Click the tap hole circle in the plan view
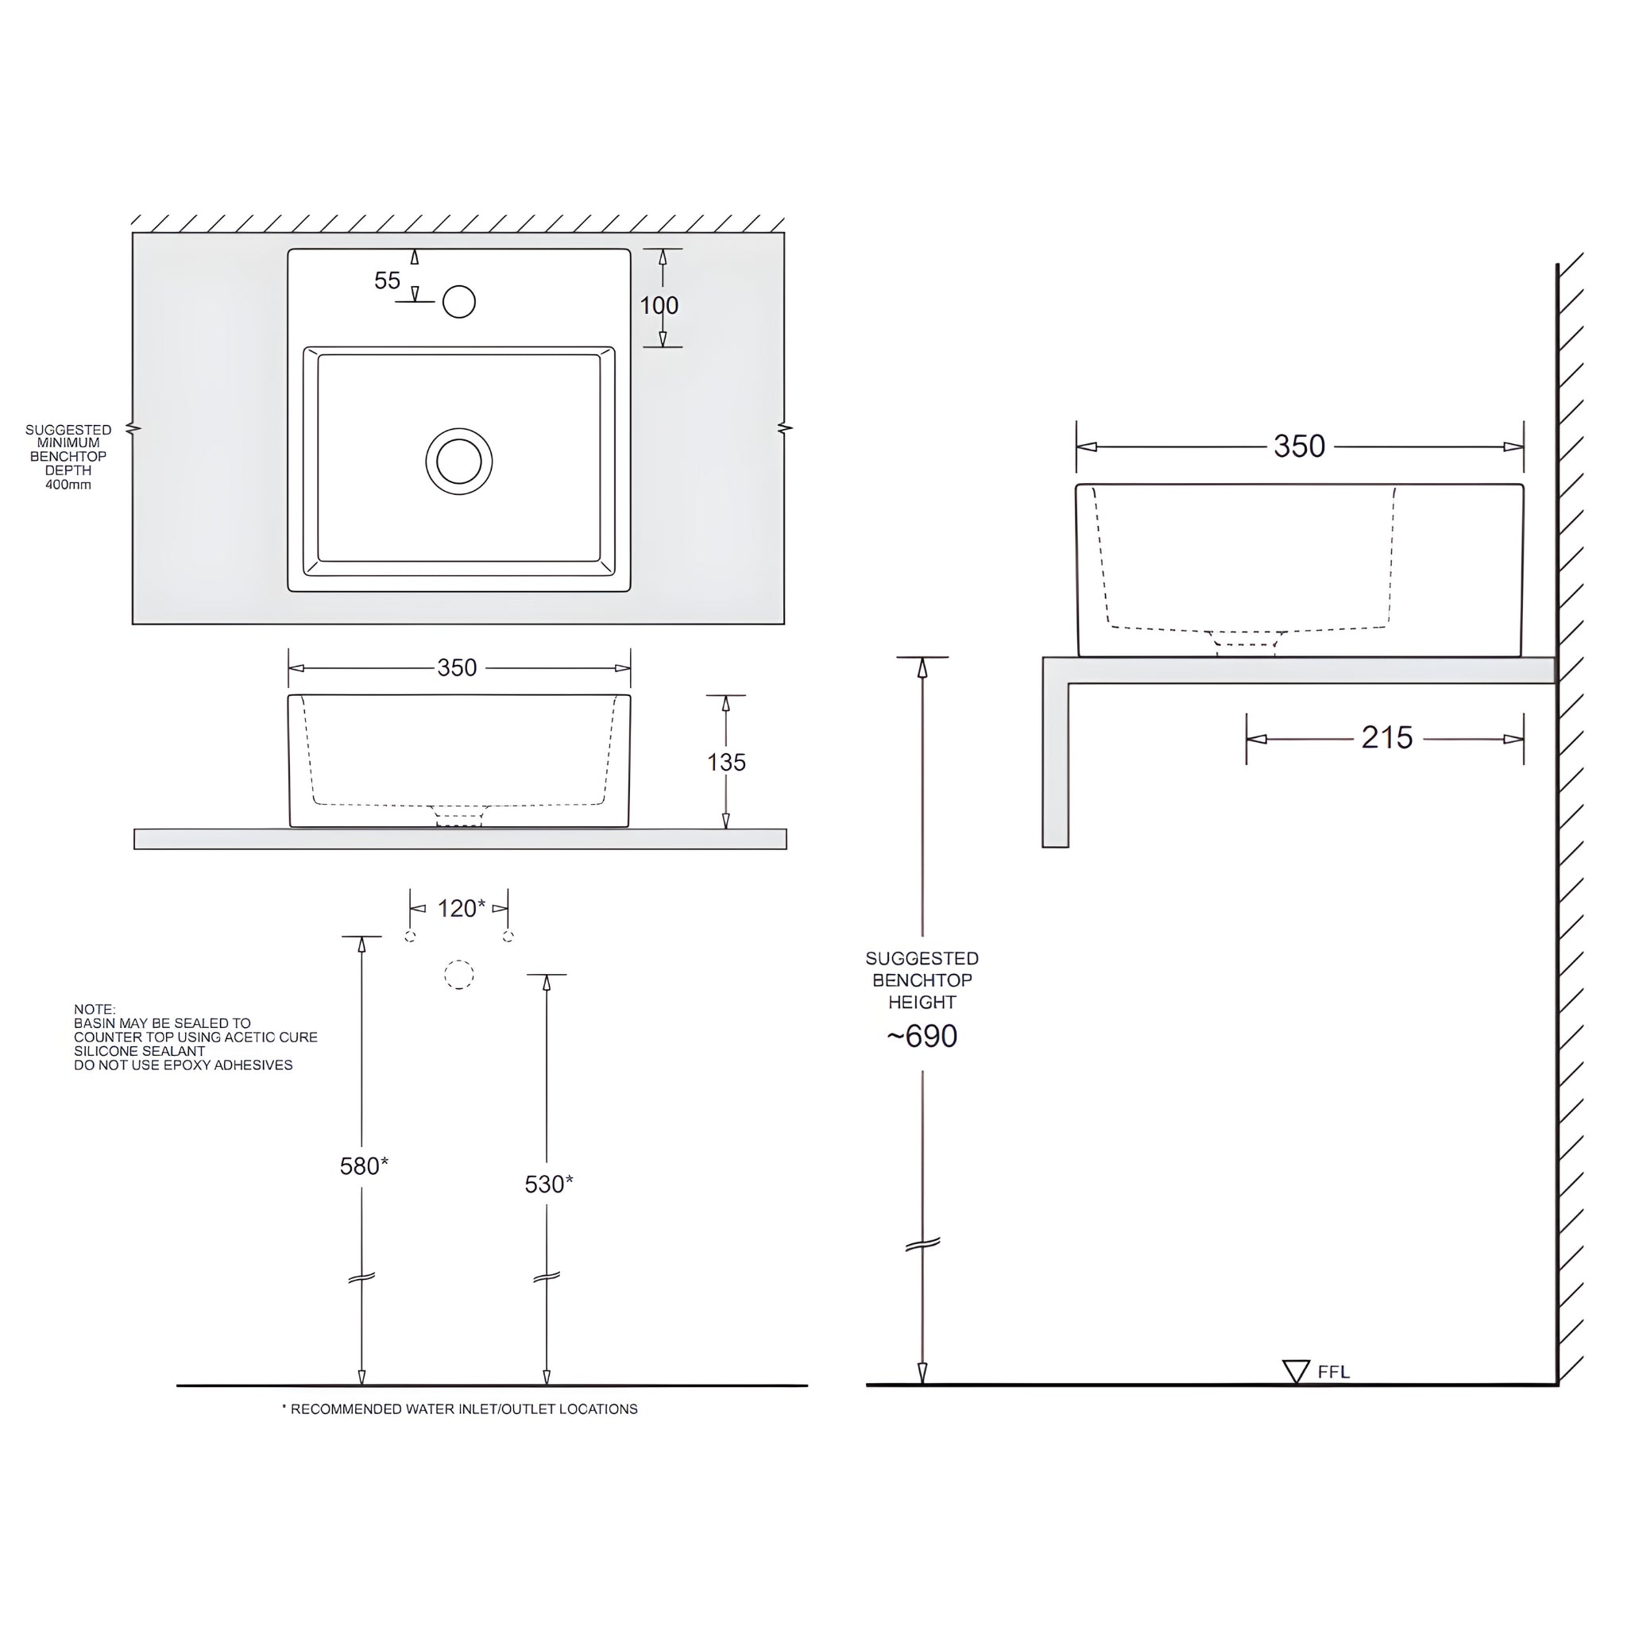click(459, 301)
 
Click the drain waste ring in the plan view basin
click(459, 461)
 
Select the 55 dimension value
click(388, 280)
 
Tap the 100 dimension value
click(659, 306)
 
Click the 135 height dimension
click(726, 762)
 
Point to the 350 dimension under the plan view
click(458, 668)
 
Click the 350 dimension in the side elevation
click(1299, 446)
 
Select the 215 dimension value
click(1386, 738)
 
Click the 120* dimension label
click(461, 908)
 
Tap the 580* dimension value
click(364, 1165)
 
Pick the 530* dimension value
click(548, 1184)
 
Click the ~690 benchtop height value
click(922, 1036)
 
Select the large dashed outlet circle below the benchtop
click(459, 974)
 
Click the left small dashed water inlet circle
click(410, 937)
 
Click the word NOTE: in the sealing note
click(95, 1009)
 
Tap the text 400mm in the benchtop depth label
click(68, 485)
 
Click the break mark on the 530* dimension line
click(547, 1277)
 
